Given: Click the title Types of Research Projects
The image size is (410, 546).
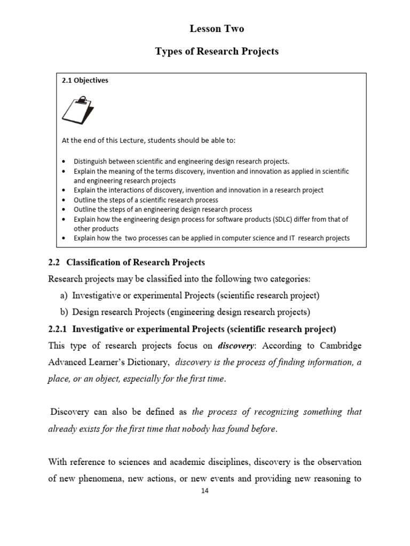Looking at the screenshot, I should click(216, 51).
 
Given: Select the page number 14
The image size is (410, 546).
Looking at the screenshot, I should click(204, 491).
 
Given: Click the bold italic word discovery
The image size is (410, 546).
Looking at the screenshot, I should click(238, 345).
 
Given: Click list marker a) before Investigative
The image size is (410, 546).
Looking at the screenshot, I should click(64, 295).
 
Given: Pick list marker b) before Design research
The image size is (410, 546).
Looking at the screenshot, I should click(64, 311).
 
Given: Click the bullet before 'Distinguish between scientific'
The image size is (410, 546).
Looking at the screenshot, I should click(64, 161).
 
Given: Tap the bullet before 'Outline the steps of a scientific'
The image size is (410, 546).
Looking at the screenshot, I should click(64, 200).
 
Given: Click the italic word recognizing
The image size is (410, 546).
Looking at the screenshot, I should click(269, 412).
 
